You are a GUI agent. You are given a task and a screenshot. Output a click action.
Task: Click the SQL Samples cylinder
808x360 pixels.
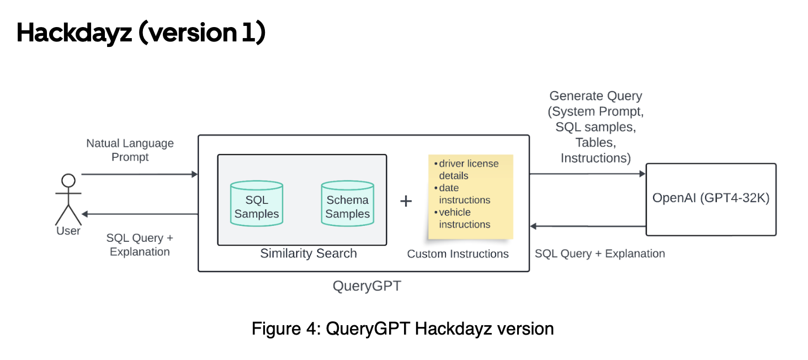(257, 203)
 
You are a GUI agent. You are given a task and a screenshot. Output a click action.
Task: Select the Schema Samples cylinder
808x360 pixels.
(347, 203)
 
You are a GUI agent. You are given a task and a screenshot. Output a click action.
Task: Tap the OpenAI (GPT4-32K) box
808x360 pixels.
(711, 199)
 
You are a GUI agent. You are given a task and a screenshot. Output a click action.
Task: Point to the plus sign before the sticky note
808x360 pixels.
(406, 201)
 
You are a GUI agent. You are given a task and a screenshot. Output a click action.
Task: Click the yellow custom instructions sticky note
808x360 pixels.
(470, 197)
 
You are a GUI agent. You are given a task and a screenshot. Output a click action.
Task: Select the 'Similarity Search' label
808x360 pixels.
(309, 253)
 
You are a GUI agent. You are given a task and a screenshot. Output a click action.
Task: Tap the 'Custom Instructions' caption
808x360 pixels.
(458, 254)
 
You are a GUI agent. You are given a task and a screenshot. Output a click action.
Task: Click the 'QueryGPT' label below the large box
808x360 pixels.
(367, 286)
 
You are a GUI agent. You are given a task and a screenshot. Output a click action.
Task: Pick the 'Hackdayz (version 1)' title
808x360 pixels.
(141, 33)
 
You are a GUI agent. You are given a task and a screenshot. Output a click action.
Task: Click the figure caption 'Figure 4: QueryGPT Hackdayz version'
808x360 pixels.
(402, 329)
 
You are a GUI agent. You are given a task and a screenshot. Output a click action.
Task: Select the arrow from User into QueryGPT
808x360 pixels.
(140, 174)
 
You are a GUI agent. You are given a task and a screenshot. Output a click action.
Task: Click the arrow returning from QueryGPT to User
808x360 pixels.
(140, 214)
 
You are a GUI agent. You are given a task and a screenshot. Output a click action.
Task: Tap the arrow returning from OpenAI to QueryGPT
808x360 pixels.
(588, 226)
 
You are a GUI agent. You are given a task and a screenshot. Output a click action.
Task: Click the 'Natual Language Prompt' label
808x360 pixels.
(130, 150)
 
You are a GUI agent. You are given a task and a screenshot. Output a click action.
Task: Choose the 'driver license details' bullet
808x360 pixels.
(466, 170)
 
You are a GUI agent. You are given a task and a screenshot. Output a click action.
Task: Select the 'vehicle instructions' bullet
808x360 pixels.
(463, 218)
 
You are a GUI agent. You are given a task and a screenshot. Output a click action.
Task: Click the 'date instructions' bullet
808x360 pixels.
(463, 194)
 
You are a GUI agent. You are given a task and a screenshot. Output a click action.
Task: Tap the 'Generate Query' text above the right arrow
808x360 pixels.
(596, 96)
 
